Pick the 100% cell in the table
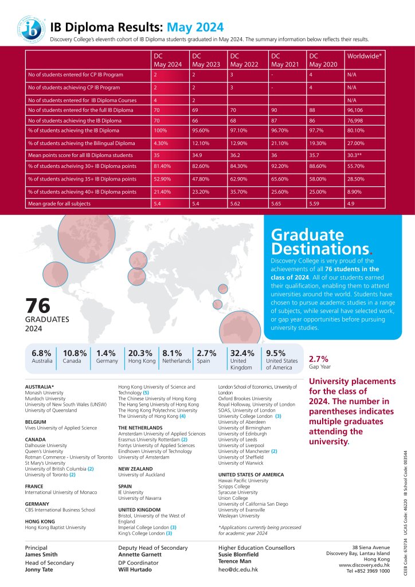coord(160,132)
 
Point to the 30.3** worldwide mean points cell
coord(357,155)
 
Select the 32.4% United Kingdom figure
coord(241,353)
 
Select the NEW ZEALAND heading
coord(136,468)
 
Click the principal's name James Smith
coord(41,554)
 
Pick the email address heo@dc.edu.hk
coord(238,570)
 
